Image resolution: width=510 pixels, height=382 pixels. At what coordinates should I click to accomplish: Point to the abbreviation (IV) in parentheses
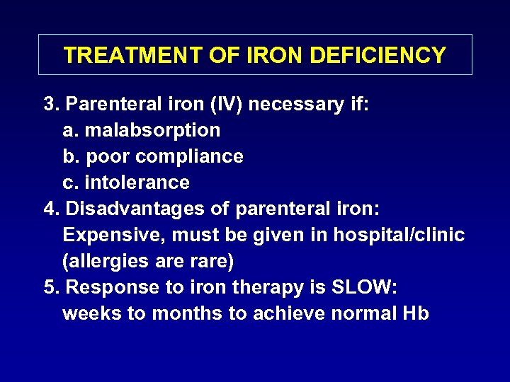point(222,105)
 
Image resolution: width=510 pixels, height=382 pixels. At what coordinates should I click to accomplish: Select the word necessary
point(294,105)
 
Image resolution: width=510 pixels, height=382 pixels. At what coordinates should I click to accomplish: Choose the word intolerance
point(137,183)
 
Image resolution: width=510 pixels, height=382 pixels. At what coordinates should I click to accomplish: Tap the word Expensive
point(113,235)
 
